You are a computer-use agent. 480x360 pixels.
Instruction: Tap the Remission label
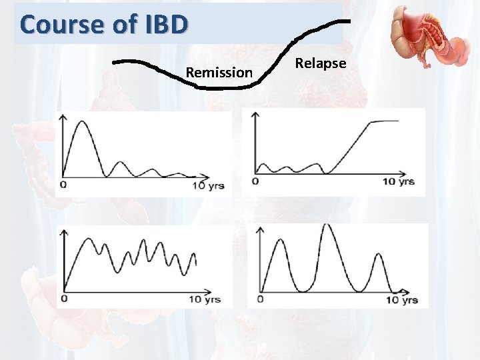[219, 72]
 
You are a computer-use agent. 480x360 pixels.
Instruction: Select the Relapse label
[321, 63]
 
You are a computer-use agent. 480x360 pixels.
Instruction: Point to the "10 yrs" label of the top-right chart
[399, 181]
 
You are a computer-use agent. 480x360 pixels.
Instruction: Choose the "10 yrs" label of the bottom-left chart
[204, 299]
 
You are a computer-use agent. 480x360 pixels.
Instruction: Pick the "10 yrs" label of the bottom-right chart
[401, 300]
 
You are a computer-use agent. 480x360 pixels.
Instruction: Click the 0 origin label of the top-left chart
[63, 184]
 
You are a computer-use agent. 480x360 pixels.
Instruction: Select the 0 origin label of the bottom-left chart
[63, 299]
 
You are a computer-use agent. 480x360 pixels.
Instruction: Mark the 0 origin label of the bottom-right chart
[259, 299]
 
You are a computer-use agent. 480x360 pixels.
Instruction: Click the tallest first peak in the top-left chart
[81, 122]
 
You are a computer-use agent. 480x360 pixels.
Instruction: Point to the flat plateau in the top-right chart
[383, 121]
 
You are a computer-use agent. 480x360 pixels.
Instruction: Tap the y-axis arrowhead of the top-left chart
[64, 116]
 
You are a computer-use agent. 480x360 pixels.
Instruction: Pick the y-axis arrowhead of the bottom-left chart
[64, 233]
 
